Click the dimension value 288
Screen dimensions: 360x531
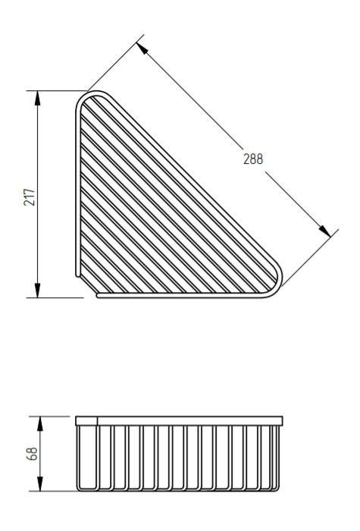[x=253, y=159]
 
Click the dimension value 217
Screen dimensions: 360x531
[x=30, y=196]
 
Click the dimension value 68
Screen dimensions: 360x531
[x=32, y=454]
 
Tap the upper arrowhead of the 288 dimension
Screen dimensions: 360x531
[x=142, y=49]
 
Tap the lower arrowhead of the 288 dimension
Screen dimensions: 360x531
[x=325, y=231]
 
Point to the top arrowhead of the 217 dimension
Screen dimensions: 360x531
[x=38, y=98]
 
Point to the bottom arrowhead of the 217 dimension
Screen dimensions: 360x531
[x=38, y=291]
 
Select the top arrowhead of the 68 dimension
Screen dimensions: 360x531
[x=40, y=423]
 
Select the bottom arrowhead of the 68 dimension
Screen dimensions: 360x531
[x=40, y=484]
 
